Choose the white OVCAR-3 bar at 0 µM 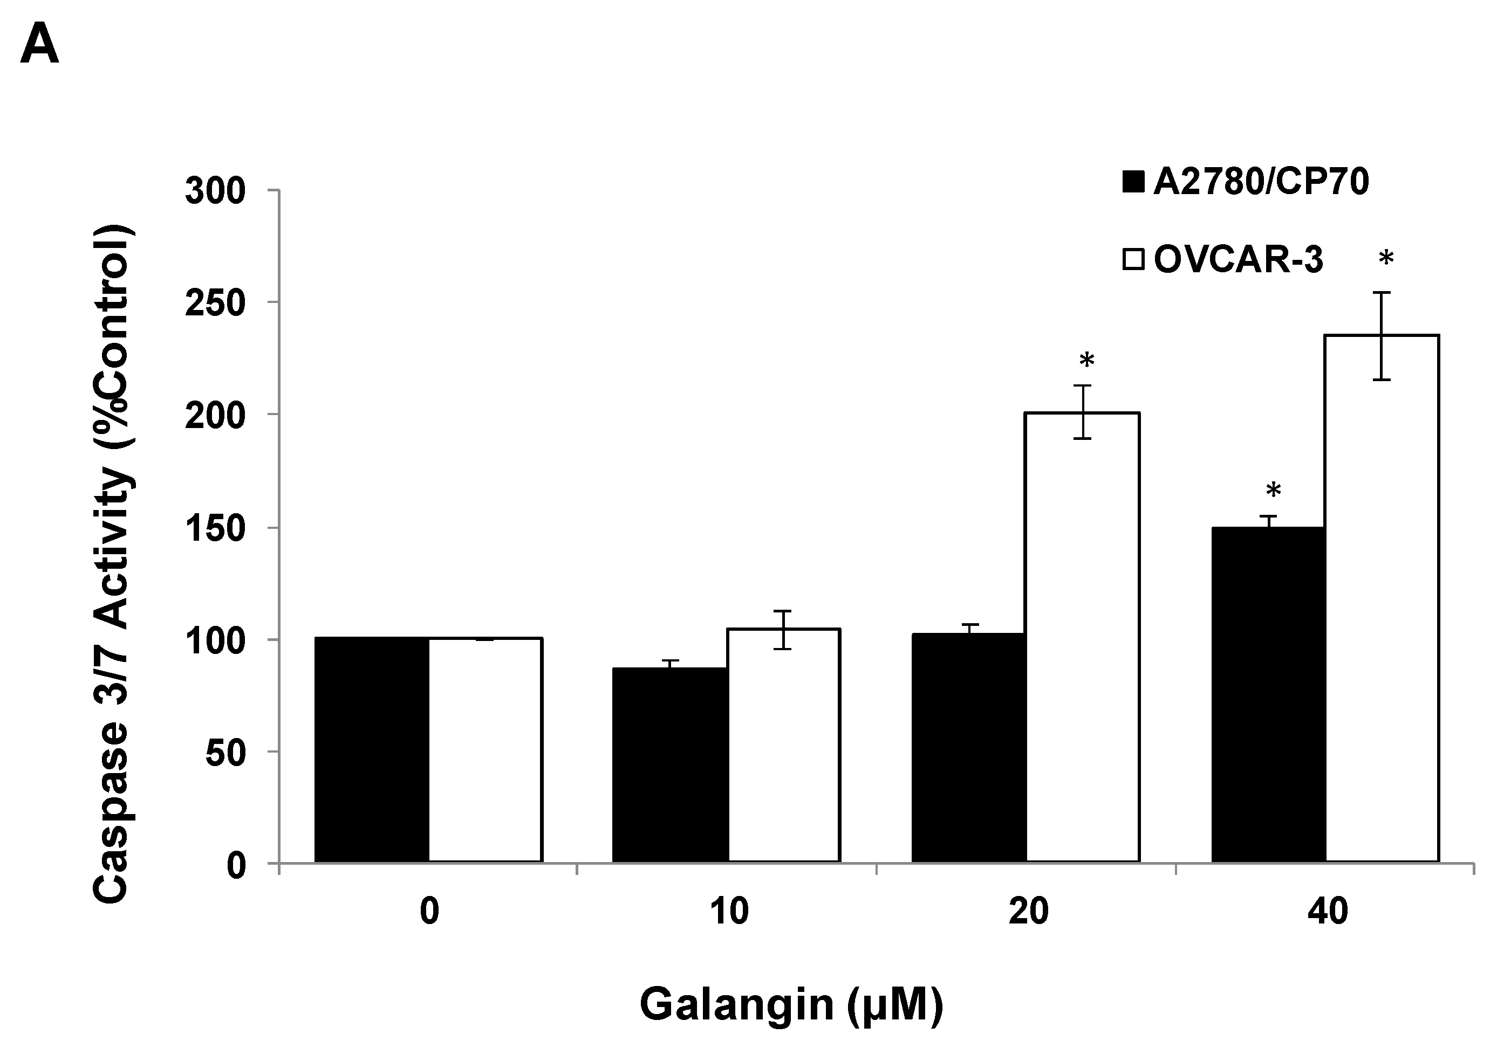(x=486, y=750)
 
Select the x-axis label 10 (x=728, y=911)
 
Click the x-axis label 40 (x=1327, y=911)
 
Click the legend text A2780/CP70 (x=1261, y=182)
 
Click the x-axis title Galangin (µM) (x=791, y=1004)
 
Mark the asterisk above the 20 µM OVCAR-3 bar (x=1086, y=361)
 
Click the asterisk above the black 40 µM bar (x=1273, y=491)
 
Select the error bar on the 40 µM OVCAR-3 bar (x=1382, y=336)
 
